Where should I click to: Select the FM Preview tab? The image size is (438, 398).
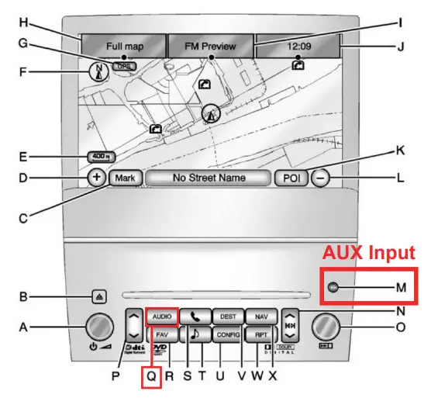[x=210, y=47]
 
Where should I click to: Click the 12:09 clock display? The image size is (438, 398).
[x=298, y=47]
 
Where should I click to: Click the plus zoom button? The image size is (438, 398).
[x=97, y=178]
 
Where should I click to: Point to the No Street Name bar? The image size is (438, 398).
[x=209, y=178]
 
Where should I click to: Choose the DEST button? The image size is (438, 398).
[x=228, y=317]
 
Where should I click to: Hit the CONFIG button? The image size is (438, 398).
[x=228, y=335]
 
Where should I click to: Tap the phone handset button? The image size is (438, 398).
[x=195, y=317]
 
